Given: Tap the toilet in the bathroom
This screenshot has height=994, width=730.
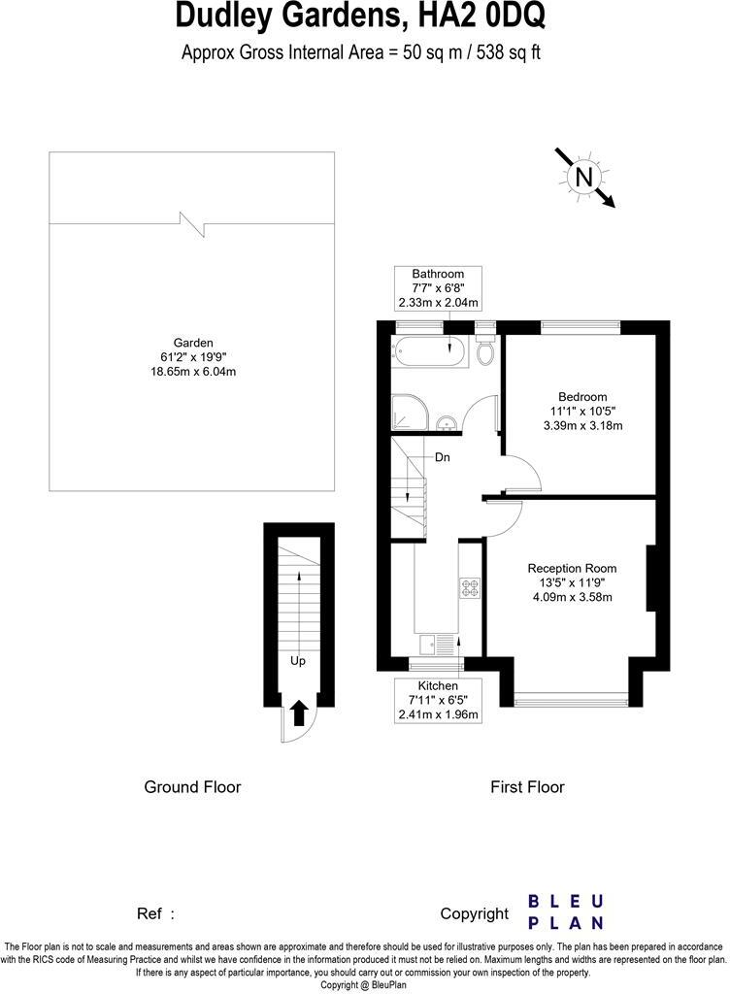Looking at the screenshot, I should coord(485,354).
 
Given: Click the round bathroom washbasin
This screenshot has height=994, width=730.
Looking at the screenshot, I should coord(446,422).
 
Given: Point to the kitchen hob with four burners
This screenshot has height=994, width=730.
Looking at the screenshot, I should coord(470,587).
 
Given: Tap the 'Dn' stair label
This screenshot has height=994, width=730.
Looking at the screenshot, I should coord(442,456).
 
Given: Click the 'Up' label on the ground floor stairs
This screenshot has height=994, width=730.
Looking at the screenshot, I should coord(298,661).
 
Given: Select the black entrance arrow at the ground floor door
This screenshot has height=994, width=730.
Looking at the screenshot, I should coord(299,713).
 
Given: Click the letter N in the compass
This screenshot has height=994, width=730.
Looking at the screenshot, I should coord(583,177).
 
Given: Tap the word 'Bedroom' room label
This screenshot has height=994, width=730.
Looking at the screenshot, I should coord(582,396).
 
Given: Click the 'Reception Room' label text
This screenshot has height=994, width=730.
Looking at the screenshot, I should coord(572,568).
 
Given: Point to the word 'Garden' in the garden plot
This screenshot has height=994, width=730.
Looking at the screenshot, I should coord(193,342).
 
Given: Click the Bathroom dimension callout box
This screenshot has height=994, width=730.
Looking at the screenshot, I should coord(438,288).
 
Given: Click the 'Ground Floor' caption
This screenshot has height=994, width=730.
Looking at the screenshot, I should coord(192,787).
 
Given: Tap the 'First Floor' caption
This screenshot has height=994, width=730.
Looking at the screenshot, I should coord(527,787).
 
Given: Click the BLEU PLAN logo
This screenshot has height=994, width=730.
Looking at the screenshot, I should coord(566,912).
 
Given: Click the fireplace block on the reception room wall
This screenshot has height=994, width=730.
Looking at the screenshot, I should coord(650,580).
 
